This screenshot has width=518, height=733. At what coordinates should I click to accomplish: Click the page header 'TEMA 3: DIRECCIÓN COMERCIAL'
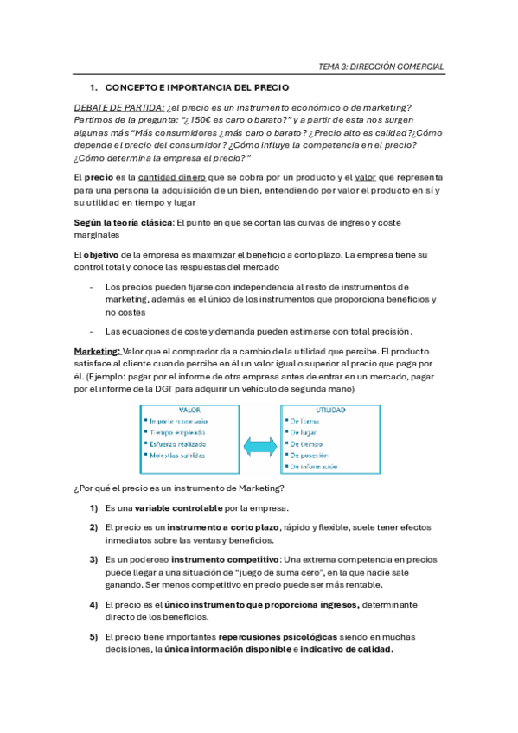[x=381, y=67]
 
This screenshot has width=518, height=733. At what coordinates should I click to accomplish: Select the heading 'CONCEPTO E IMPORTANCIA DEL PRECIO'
[x=196, y=88]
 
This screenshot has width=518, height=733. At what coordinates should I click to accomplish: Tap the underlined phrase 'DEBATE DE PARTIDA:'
[x=117, y=107]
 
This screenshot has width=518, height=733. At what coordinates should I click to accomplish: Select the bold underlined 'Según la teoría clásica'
[x=123, y=222]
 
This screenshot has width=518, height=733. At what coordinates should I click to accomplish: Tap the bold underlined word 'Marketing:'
[x=97, y=352]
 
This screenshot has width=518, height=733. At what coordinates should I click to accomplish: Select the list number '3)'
[x=93, y=559]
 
